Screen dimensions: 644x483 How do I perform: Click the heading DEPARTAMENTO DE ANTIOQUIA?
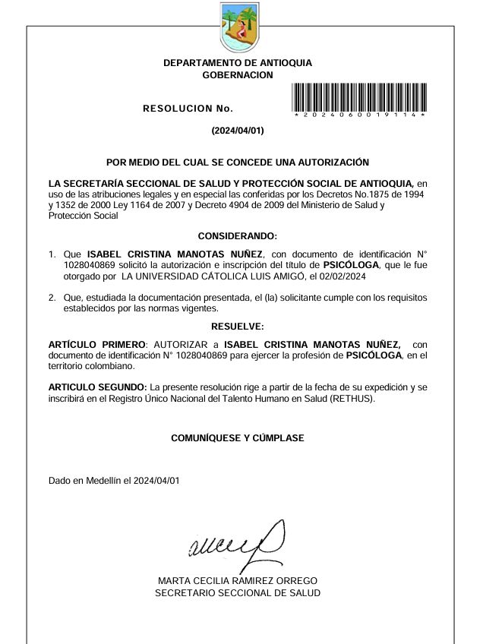coord(238,63)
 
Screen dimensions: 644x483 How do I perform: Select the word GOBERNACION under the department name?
coord(238,75)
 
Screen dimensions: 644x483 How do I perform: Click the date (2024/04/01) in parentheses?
coord(238,131)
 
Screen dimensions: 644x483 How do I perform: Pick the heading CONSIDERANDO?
coord(238,236)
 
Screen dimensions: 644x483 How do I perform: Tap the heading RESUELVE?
coord(238,327)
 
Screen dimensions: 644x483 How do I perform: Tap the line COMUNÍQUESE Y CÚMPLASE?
coord(238,438)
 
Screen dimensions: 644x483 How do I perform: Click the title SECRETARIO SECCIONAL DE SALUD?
coord(238,592)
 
